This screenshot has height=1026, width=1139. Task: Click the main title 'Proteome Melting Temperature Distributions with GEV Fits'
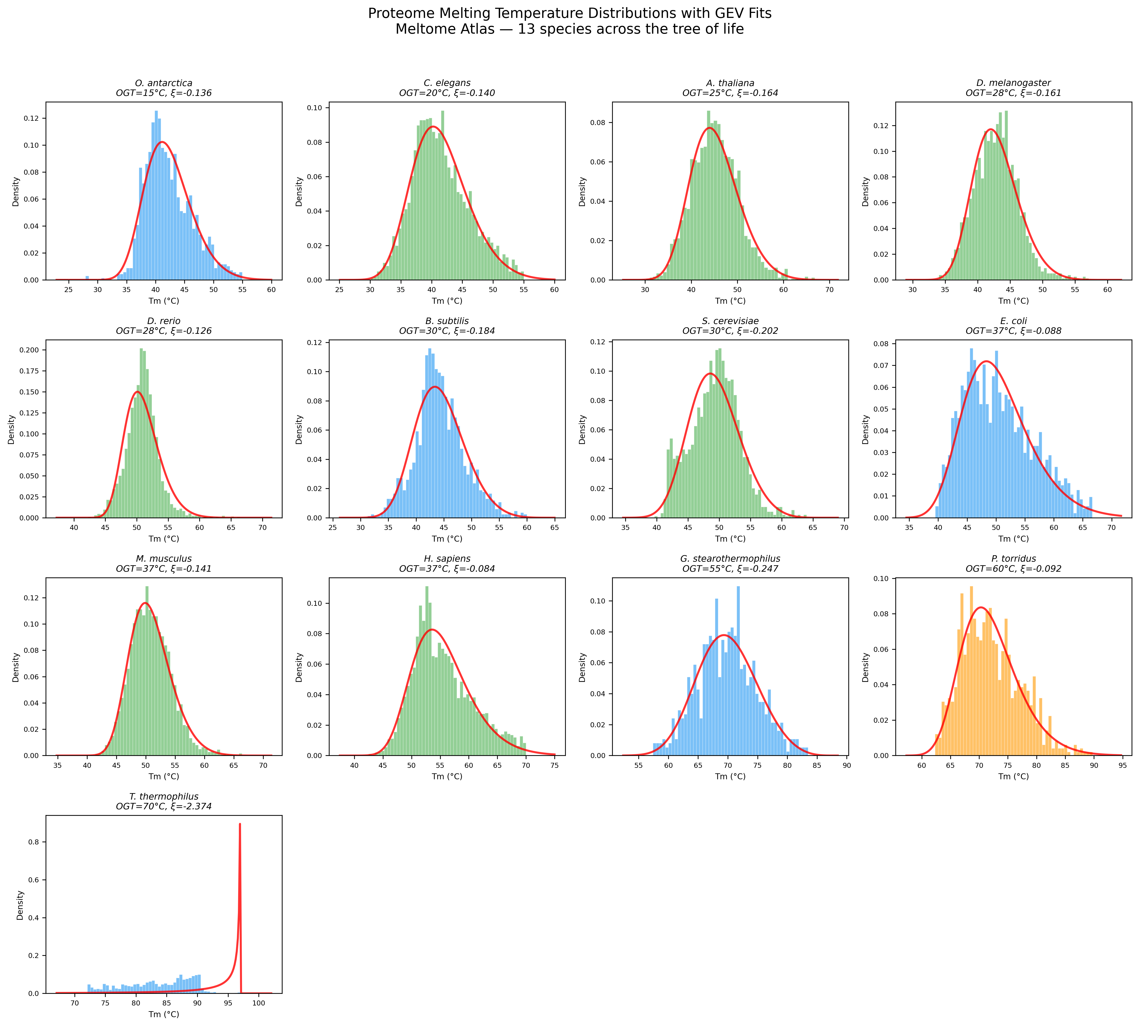[569, 14]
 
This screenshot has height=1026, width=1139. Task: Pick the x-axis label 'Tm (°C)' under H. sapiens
[446, 777]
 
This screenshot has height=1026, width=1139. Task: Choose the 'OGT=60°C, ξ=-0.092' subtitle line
[1013, 569]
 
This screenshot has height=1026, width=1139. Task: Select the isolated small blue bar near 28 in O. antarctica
[87, 278]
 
